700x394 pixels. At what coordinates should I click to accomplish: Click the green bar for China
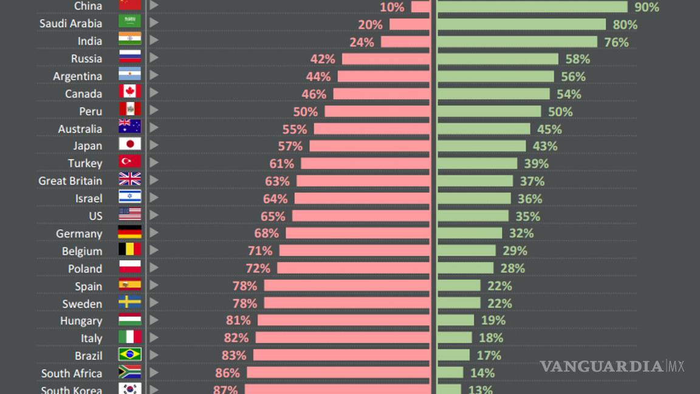(x=532, y=7)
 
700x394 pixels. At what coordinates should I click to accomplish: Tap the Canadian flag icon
(x=129, y=92)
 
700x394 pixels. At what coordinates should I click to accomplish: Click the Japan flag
(x=129, y=145)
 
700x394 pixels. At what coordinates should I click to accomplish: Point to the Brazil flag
(x=129, y=354)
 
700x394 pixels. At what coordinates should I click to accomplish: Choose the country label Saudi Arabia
(x=70, y=24)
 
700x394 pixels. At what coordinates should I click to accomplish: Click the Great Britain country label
(x=70, y=181)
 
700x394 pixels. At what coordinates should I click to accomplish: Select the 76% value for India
(x=616, y=42)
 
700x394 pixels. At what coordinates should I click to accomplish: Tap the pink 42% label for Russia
(x=323, y=59)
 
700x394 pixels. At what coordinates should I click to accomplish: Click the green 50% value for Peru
(x=560, y=112)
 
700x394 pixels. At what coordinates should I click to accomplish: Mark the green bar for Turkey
(x=477, y=163)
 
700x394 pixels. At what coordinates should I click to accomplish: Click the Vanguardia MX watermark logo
(x=611, y=366)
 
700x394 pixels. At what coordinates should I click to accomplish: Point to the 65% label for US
(x=273, y=216)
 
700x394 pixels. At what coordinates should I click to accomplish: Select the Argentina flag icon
(x=129, y=75)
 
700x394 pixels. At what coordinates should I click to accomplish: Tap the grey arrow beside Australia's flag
(x=154, y=127)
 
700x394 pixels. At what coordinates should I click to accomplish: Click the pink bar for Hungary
(x=343, y=320)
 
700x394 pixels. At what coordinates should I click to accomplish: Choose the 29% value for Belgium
(x=515, y=251)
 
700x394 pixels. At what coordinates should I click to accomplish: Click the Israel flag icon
(x=129, y=197)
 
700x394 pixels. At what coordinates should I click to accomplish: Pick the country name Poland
(x=84, y=269)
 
